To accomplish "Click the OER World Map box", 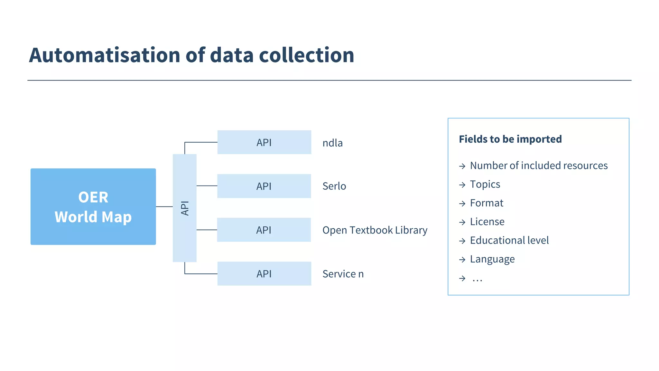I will pos(93,206).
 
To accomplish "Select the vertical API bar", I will pos(184,208).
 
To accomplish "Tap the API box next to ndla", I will pos(264,142).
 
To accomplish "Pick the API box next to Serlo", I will pos(264,186).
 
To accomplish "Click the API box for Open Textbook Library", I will pos(264,230).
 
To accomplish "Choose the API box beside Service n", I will pos(264,274).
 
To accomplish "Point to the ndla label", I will pos(332,143).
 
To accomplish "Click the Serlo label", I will pos(334,186).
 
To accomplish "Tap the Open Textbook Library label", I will pos(375,230).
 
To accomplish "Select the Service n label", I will pos(343,274).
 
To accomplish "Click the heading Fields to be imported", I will pos(510,139).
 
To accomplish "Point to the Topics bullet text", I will pos(485,184).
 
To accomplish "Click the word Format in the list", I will pos(487,203).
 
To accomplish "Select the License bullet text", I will pos(487,222).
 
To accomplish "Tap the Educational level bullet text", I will pos(509,241).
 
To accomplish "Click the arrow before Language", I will pos(462,260).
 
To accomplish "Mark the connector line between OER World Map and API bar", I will pos(164,207).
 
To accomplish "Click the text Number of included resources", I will pos(539,166).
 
